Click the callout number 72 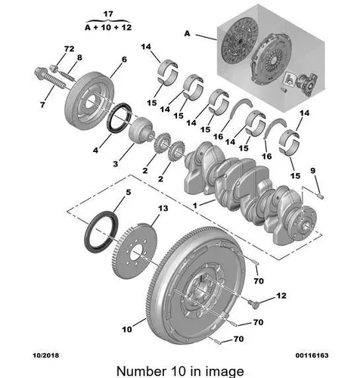tap(69, 48)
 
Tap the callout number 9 tap(312, 171)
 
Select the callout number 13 tap(163, 209)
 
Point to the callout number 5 tap(129, 192)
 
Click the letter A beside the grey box tap(187, 33)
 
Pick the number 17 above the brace tap(108, 14)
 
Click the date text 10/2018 tap(45, 355)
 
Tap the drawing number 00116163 tap(312, 355)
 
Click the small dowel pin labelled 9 tap(321, 196)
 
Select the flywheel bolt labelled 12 tap(253, 304)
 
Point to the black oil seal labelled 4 tap(119, 117)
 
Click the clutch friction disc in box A tap(239, 40)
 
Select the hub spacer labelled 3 tap(141, 131)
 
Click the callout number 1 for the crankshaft tap(195, 206)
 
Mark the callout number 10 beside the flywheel tap(127, 329)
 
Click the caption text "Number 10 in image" tap(180, 371)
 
